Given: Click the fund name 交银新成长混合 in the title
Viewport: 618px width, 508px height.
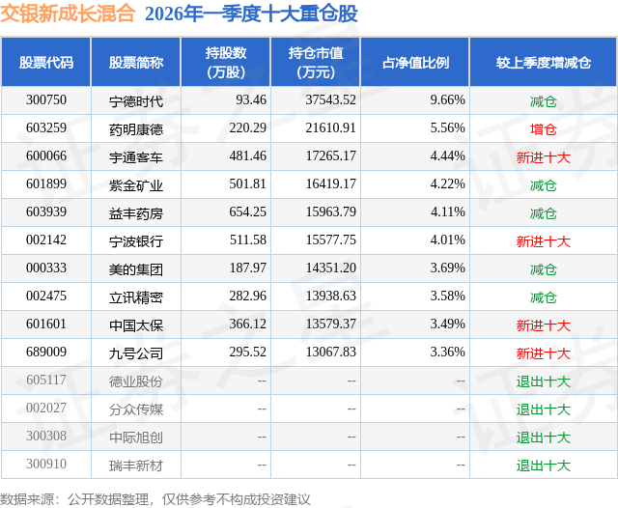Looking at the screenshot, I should click(67, 14).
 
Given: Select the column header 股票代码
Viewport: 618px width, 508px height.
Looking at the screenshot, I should click(45, 63).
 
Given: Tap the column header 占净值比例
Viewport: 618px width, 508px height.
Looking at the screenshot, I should click(415, 63).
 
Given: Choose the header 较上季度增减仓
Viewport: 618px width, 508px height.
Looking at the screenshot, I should click(543, 63).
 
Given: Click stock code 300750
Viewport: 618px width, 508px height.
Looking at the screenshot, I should click(45, 100).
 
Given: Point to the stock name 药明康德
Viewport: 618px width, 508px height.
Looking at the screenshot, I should click(136, 128).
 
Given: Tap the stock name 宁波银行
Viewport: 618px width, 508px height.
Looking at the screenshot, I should click(136, 240).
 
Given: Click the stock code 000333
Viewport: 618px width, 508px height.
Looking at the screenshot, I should click(45, 268).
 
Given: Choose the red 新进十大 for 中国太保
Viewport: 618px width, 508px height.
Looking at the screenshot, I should click(543, 325).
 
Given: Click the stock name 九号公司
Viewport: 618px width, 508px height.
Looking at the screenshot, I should click(136, 353).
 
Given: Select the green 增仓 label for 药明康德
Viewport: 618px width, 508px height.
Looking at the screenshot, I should click(543, 128).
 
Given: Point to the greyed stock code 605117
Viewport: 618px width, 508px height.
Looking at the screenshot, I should click(45, 381).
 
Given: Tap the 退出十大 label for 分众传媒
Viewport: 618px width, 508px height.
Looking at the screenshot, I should click(543, 409).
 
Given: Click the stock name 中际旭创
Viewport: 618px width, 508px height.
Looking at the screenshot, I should click(136, 437).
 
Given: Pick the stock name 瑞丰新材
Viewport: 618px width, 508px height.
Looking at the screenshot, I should click(136, 466).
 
